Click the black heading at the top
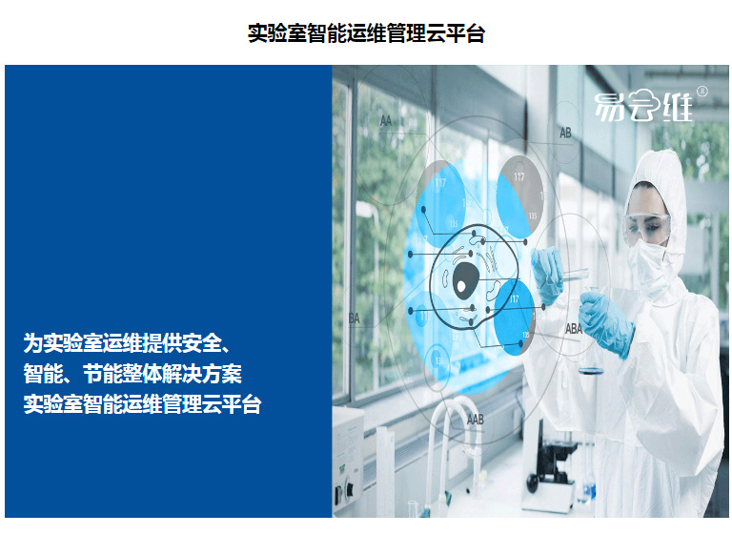(x=366, y=33)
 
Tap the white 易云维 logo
(x=643, y=106)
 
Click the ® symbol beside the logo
(x=701, y=92)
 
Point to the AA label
(x=386, y=121)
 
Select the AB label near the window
(x=565, y=133)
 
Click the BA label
(x=355, y=318)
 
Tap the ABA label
(x=574, y=329)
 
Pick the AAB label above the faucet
(x=476, y=420)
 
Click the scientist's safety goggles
(x=647, y=229)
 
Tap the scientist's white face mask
(x=648, y=267)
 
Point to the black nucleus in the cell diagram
(x=465, y=280)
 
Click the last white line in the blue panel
(x=142, y=404)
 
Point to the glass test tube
(x=574, y=275)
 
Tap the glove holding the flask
(x=606, y=323)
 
